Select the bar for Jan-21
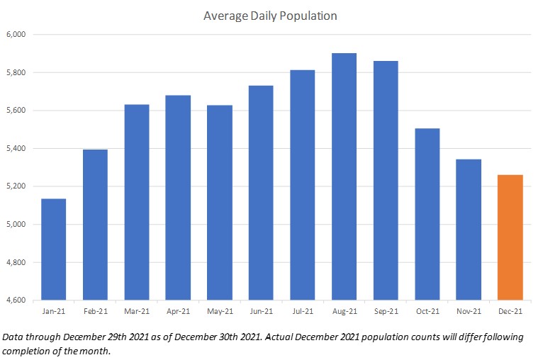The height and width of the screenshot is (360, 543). pos(53,249)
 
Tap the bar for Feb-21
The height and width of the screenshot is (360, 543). pos(95,225)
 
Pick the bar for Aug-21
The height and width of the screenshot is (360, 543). pos(344,176)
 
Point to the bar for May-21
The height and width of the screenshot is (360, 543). pos(220,203)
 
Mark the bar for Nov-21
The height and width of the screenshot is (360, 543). pos(469,230)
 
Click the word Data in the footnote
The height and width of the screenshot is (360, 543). pos(13,337)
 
